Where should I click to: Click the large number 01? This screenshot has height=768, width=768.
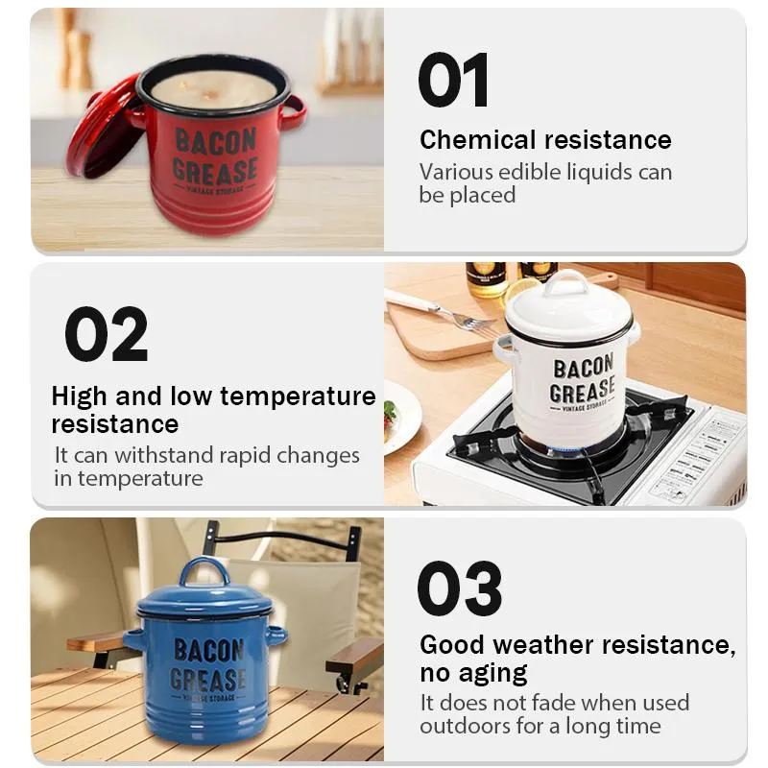(453, 80)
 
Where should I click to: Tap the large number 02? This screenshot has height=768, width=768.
(106, 334)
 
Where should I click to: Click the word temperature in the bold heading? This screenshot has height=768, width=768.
(298, 396)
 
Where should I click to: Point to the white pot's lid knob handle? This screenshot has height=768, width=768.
(565, 282)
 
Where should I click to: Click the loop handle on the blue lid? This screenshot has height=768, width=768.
(204, 572)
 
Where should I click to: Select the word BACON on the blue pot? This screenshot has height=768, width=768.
(209, 651)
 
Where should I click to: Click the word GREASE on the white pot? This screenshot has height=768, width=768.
(583, 390)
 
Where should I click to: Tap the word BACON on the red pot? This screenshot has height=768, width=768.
(215, 140)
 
